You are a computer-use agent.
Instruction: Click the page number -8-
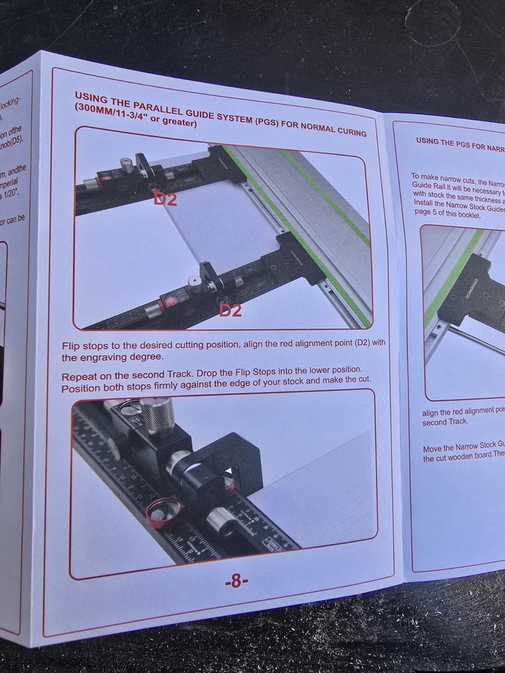coord(236,582)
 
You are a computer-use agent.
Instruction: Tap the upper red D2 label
coord(165,199)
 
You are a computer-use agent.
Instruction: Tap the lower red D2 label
coord(230,310)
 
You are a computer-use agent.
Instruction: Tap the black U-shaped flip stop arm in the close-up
coord(236,458)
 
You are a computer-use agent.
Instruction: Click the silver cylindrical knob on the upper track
coord(125,165)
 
